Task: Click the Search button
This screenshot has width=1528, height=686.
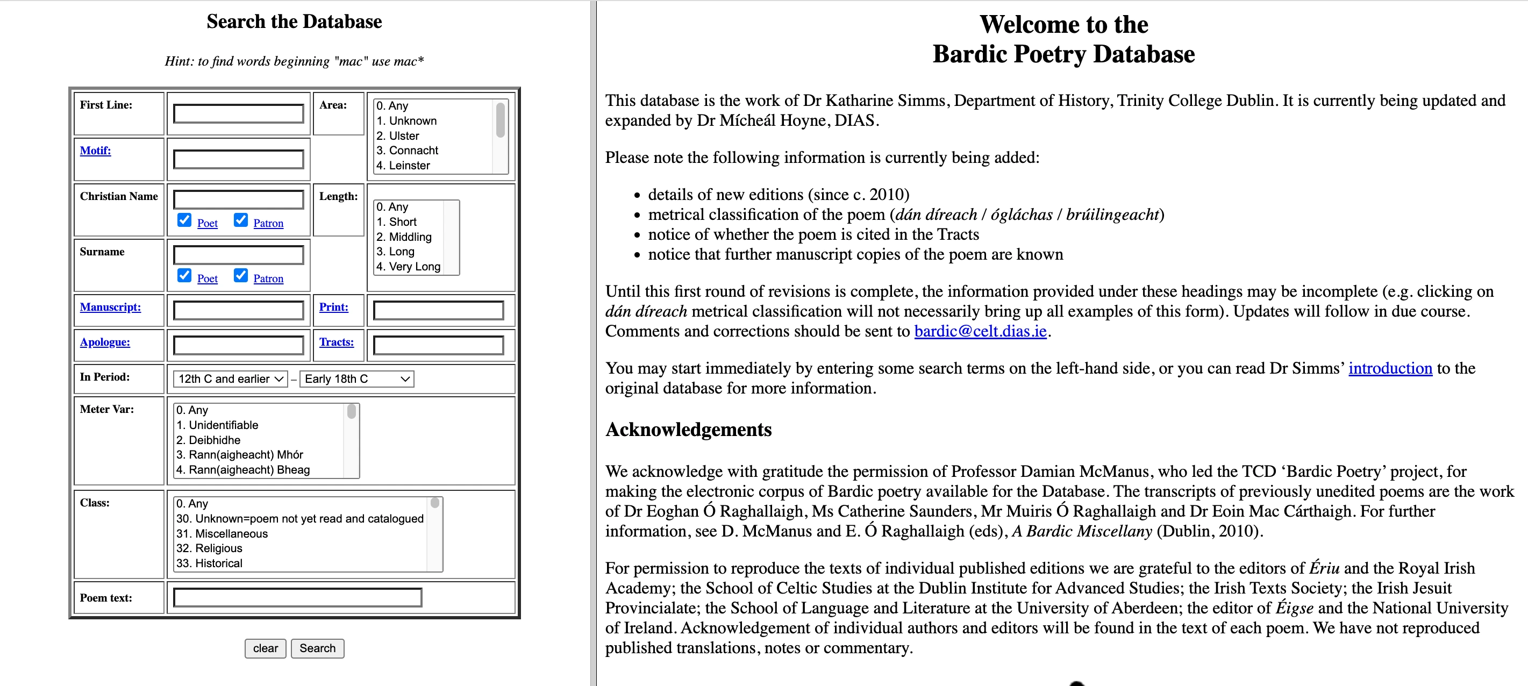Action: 317,648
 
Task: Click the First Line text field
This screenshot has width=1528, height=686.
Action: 239,113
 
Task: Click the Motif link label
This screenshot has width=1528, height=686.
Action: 96,151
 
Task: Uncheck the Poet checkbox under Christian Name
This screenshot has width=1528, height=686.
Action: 184,220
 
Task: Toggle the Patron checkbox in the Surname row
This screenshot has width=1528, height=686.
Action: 241,276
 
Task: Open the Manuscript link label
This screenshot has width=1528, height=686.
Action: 110,307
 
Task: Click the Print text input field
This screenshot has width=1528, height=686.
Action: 438,310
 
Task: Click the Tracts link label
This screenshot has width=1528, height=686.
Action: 337,342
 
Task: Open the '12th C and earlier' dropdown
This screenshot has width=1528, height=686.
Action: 231,379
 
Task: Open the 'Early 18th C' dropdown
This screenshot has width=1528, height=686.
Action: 357,379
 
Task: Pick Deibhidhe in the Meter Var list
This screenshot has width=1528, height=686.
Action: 214,440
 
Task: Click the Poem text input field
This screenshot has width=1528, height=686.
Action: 298,597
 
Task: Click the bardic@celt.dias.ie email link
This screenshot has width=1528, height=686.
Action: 980,331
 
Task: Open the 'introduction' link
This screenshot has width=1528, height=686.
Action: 1390,368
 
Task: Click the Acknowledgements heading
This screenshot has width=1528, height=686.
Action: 688,429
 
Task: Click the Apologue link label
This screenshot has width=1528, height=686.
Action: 105,342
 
